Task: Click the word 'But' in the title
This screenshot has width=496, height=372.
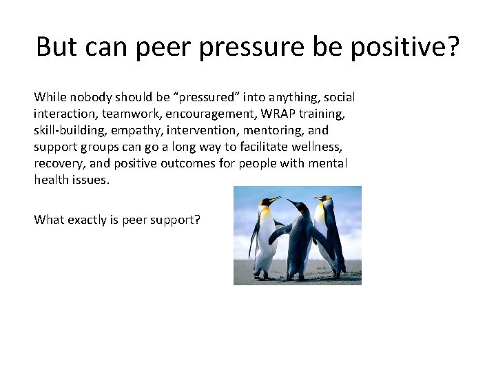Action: [x=56, y=46]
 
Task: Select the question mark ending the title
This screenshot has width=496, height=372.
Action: [x=452, y=46]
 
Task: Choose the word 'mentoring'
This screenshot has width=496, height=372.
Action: [x=264, y=130]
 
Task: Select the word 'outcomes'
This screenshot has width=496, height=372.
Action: [x=183, y=163]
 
